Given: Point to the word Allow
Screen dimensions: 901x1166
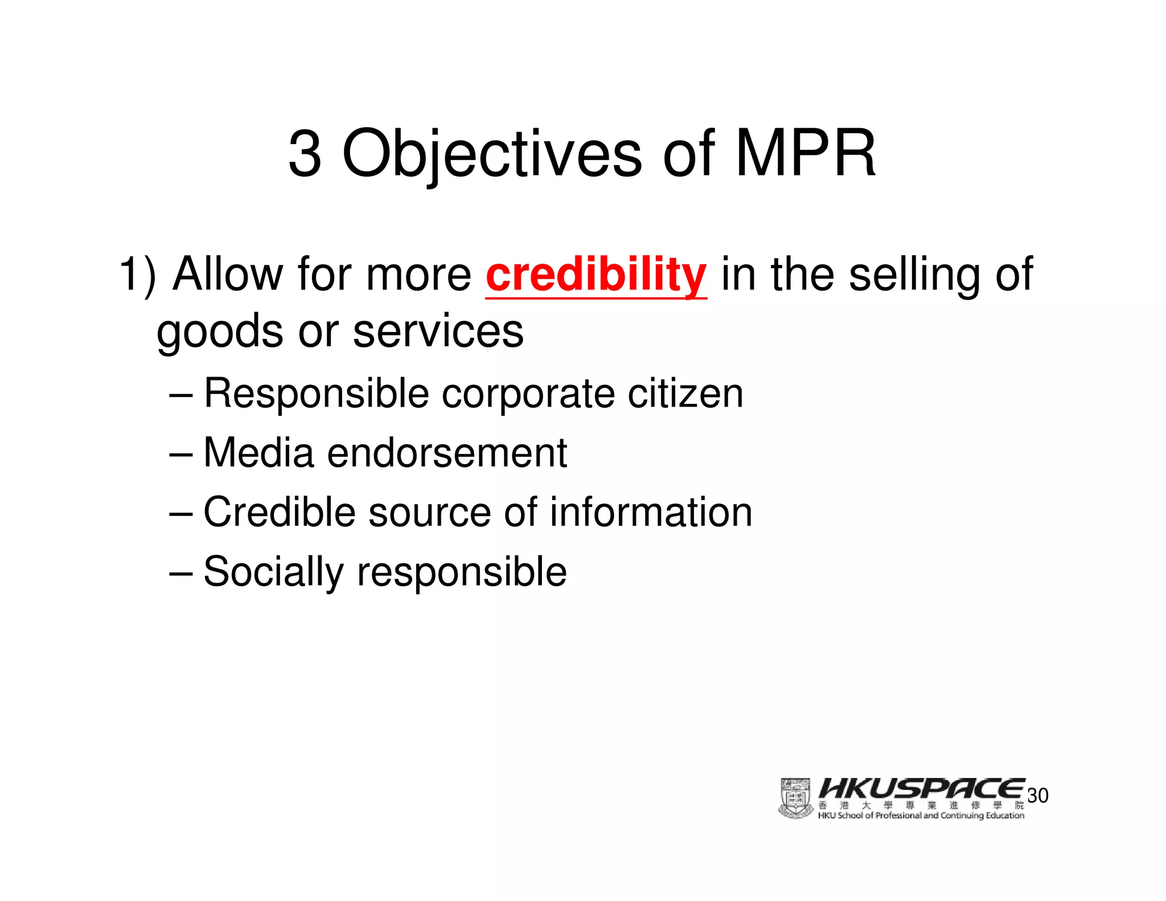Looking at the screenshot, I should [228, 275].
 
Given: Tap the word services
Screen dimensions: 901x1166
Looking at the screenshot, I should [438, 331].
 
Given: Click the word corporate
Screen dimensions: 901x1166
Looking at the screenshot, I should [528, 395].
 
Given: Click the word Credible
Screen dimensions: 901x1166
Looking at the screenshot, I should [279, 512].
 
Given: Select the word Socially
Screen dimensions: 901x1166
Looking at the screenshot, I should [274, 572].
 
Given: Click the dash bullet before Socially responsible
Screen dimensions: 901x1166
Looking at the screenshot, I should [182, 573].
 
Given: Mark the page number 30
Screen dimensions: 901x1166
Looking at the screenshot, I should [1038, 796].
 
